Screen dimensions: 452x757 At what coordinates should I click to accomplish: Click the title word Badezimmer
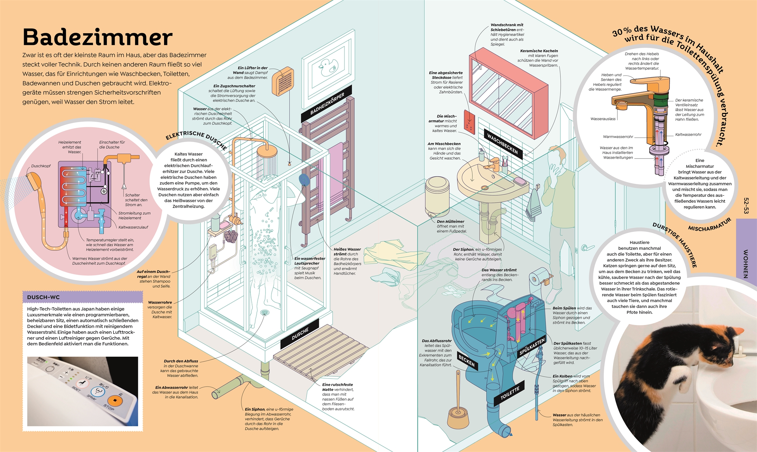pos(97,37)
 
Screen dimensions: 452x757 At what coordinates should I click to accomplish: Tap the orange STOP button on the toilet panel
pos(114,401)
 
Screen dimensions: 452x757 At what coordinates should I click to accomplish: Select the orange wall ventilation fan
pos(283,82)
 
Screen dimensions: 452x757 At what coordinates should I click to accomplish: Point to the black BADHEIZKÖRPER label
pos(327,104)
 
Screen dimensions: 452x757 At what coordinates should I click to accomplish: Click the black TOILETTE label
pos(509,393)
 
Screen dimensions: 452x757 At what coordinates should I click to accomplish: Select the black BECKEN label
pos(466,361)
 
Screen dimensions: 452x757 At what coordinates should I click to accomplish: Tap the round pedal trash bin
pos(437,196)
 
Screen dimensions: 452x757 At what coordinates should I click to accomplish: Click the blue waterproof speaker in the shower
pos(304,180)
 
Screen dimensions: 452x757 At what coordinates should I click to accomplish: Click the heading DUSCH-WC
pos(43,297)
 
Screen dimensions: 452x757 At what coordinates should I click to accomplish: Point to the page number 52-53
pos(746,206)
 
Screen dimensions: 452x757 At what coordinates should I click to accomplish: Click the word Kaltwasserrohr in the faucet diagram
pos(688,135)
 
